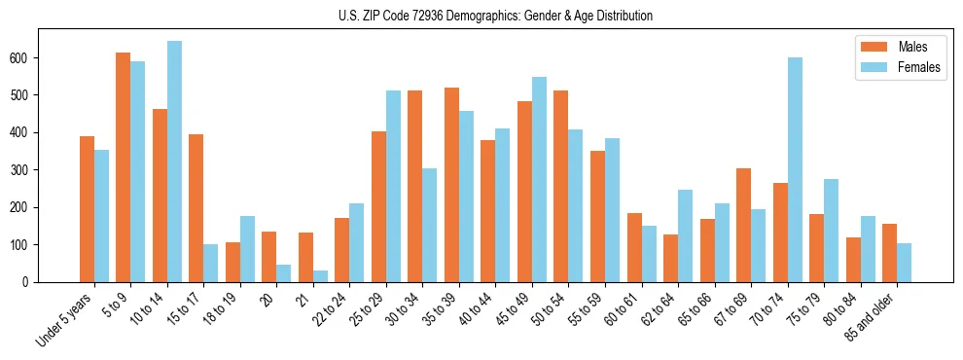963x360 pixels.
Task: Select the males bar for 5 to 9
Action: coord(124,167)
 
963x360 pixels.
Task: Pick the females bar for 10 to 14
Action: coord(174,162)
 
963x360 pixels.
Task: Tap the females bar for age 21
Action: coord(320,276)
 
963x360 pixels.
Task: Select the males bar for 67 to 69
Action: coord(743,226)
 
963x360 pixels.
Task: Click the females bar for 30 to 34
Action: coord(430,226)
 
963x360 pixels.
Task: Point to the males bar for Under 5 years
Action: coord(87,209)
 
